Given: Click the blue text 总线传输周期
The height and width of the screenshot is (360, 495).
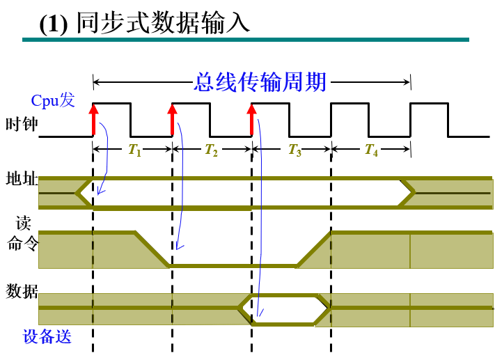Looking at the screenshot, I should tap(260, 82).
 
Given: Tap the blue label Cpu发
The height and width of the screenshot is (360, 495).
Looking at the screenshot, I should tap(52, 100).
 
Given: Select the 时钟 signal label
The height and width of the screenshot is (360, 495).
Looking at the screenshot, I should tap(21, 125).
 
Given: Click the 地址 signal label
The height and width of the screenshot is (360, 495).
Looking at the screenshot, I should tap(21, 179).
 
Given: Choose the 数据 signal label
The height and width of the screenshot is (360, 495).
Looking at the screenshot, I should tap(22, 292).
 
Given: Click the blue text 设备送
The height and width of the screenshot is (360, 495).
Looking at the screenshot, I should tap(47, 336).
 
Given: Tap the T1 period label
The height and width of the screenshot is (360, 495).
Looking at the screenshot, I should tap(135, 150).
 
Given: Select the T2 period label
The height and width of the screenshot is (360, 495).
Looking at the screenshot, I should tap(212, 150).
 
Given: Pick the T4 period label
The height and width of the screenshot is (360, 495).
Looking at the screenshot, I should tap(371, 150).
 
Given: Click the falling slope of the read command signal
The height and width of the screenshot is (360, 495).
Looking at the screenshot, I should tap(152, 248).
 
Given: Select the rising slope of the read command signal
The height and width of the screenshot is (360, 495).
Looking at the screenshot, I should tap(313, 249).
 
